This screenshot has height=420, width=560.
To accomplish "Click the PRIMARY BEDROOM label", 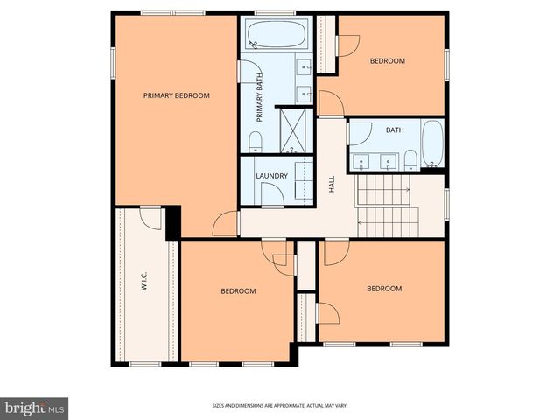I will pyautogui.click(x=177, y=95).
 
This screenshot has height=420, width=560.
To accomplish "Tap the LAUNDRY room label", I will pyautogui.click(x=271, y=176).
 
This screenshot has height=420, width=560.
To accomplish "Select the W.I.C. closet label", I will pyautogui.click(x=143, y=282).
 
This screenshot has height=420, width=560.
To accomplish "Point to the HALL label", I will pyautogui.click(x=332, y=184).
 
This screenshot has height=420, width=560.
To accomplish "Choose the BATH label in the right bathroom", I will pyautogui.click(x=395, y=130).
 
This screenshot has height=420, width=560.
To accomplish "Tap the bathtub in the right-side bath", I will pyautogui.click(x=432, y=144).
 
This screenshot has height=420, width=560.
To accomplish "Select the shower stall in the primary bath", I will pyautogui.click(x=295, y=129).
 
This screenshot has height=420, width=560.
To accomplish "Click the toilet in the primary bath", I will pyautogui.click(x=255, y=143).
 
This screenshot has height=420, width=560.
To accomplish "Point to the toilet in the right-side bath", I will pyautogui.click(x=409, y=158).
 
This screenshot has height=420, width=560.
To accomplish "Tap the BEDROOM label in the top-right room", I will pyautogui.click(x=387, y=60).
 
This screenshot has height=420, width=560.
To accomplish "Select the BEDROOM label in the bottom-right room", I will pyautogui.click(x=383, y=289).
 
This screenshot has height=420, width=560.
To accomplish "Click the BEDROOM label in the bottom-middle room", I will pyautogui.click(x=238, y=290).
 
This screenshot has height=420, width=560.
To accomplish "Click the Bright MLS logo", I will pyautogui.click(x=35, y=408).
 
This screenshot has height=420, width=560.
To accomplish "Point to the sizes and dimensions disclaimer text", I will pyautogui.click(x=279, y=405).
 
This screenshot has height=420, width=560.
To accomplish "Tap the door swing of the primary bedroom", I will pyautogui.click(x=226, y=224).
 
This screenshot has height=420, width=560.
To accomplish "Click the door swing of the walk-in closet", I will pyautogui.click(x=150, y=218).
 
